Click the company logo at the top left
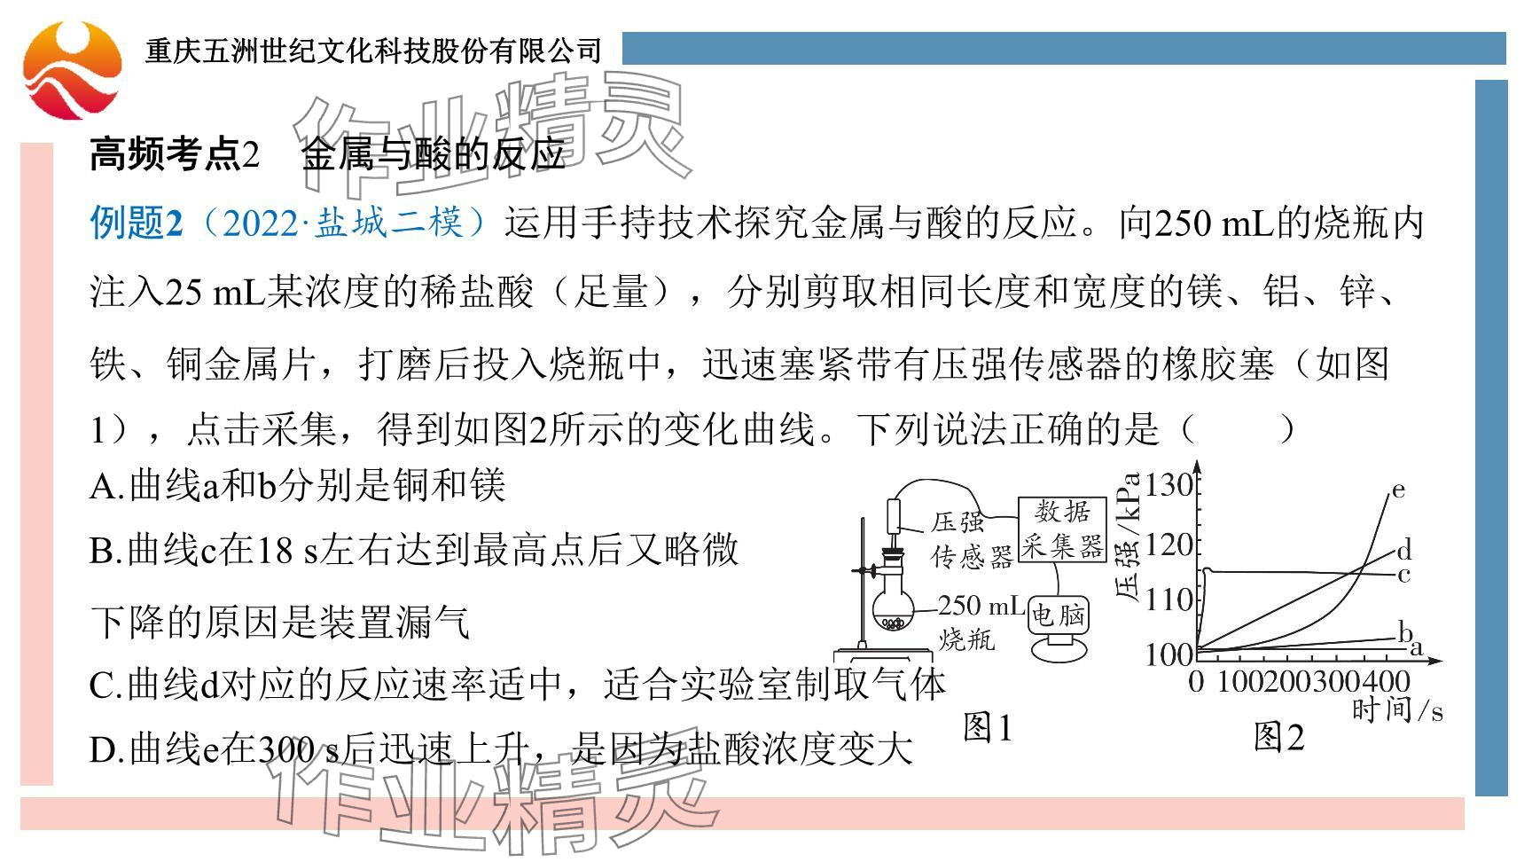click(71, 71)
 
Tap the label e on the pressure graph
click(1398, 490)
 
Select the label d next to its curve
click(1403, 551)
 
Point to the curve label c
click(1403, 576)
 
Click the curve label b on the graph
click(1404, 631)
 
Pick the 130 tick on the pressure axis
click(1169, 485)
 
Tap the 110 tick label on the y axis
click(1169, 600)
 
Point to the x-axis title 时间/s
click(1396, 710)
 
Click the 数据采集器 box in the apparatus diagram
click(1061, 529)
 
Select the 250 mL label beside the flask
click(981, 606)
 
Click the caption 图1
click(987, 729)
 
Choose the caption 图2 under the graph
click(1278, 737)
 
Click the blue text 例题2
click(136, 223)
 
